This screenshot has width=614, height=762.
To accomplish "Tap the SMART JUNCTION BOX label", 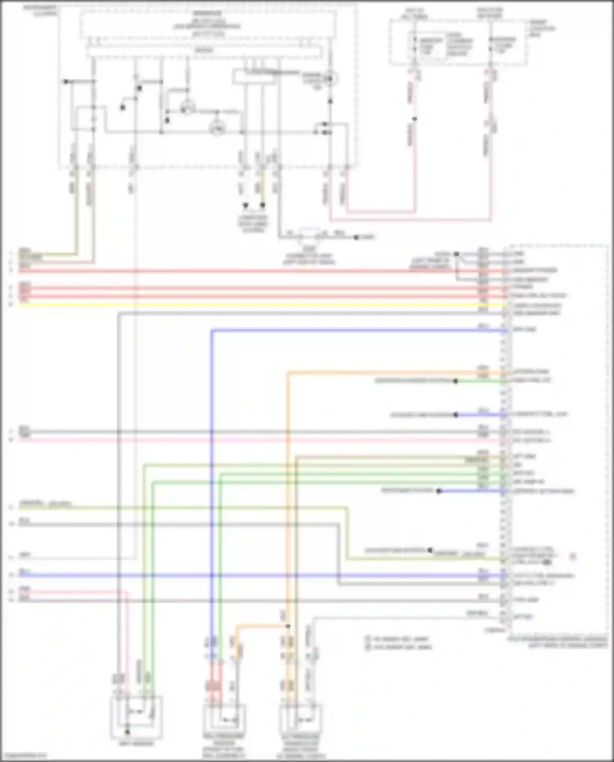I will pos(542,28).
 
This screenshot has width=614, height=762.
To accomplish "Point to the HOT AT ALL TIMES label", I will pos(414,13).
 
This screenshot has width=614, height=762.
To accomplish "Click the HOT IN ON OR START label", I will pos(490,13).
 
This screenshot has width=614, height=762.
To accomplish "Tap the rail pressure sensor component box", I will pos(224,719).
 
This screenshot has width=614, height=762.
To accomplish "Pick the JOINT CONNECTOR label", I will pos(309,256).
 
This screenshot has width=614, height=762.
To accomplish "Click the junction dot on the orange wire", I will pos(288,626).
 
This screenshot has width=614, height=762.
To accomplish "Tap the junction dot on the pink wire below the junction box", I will pos(414,119).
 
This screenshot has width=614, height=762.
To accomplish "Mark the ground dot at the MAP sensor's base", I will pos(127,731).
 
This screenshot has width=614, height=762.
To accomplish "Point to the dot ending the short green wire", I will pos(455,381).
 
